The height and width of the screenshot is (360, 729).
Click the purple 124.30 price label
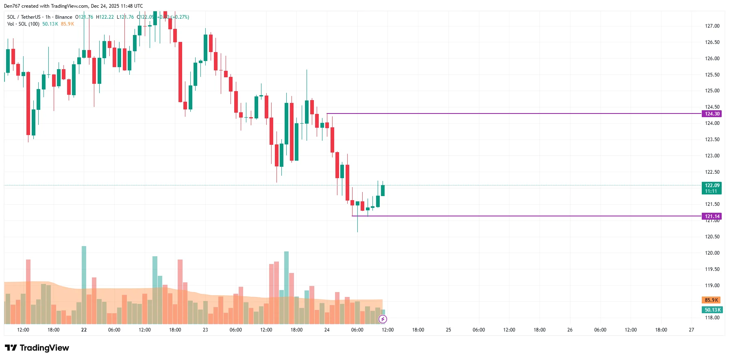[x=712, y=114]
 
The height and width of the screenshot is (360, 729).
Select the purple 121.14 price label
[x=712, y=216]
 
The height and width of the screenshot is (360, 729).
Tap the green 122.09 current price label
[x=712, y=185]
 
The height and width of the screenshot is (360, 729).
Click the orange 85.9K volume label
[x=711, y=300]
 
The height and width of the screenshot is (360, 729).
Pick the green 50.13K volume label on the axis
[x=712, y=310]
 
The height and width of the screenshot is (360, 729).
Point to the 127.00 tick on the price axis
[x=712, y=26]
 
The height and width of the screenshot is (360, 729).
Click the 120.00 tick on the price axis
[x=712, y=253]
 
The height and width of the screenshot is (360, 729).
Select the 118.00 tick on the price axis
[x=712, y=318]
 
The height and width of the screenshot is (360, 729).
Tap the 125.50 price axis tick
[x=712, y=75]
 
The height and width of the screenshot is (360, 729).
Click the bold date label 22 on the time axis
[x=84, y=330]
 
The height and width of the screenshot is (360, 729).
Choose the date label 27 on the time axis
[x=691, y=330]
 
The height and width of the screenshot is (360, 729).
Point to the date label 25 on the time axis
[x=448, y=330]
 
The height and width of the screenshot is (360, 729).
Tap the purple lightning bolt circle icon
[x=383, y=319]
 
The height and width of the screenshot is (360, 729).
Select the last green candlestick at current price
[x=383, y=190]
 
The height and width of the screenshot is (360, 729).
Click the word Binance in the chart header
[x=63, y=17]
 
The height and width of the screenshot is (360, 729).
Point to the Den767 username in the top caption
[x=11, y=6]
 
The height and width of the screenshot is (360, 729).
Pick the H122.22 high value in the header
[x=105, y=17]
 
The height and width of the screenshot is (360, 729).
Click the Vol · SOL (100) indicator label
[x=23, y=24]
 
